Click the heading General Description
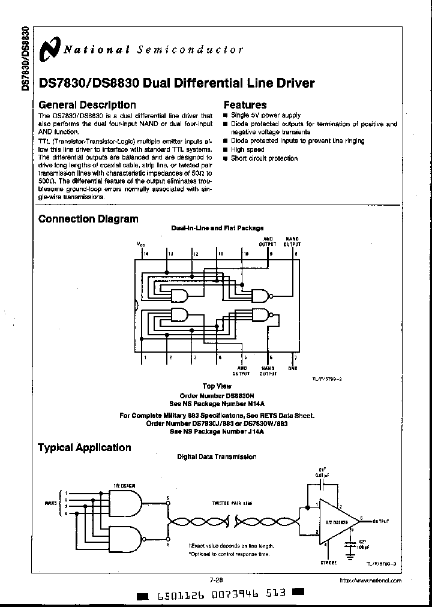click(x=87, y=105)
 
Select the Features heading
click(x=245, y=105)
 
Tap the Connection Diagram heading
click(x=88, y=219)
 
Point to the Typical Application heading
click(x=84, y=447)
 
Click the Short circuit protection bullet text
click(x=264, y=158)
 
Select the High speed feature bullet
click(x=247, y=149)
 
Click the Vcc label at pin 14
click(x=141, y=245)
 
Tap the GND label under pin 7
click(x=292, y=368)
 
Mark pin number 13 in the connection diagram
click(x=170, y=254)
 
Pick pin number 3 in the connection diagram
click(x=194, y=358)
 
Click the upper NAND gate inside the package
click(x=260, y=295)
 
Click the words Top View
click(x=217, y=386)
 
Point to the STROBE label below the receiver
click(x=328, y=562)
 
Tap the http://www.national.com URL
click(x=370, y=581)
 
